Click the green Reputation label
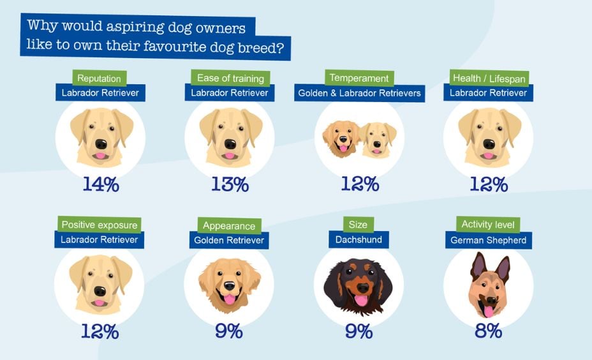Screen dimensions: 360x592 99,79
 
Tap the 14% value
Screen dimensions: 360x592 101,184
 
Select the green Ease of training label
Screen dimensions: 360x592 230,79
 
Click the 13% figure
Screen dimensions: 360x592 230,184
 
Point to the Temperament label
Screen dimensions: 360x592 359,79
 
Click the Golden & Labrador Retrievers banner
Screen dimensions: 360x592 359,93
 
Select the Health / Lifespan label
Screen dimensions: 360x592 488,79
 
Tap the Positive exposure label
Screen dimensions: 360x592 99,225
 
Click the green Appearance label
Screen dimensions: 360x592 229,225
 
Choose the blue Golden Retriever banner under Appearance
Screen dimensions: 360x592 229,240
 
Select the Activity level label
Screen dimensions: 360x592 488,225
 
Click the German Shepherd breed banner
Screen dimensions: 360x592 488,240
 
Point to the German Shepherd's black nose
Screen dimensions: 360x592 488,300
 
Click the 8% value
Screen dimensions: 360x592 488,331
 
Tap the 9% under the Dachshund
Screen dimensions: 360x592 359,331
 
